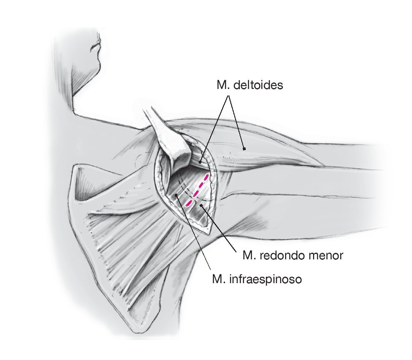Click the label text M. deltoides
[x=250, y=85]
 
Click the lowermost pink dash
[x=189, y=203]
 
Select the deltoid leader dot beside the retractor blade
[x=200, y=162]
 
